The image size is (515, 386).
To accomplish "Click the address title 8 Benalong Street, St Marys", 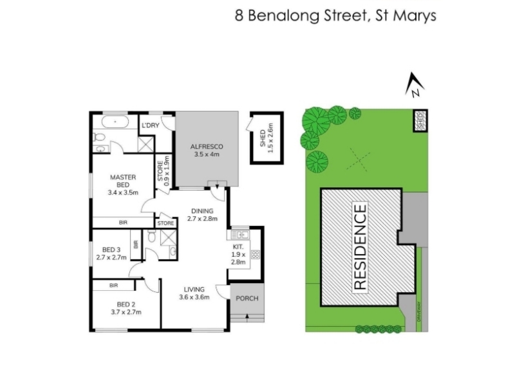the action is pos(335,15).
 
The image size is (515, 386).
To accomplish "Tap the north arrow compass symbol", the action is pos(414,85).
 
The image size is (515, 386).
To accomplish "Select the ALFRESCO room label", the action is pos(207,151).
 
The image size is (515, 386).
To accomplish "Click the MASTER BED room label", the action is pos(123,185).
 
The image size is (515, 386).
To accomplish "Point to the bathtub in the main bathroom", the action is pos(115,122).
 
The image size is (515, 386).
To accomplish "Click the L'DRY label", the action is pos(151,125).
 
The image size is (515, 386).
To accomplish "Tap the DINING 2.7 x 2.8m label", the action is pos(202,215).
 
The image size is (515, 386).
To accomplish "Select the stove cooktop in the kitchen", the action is pos(255,254).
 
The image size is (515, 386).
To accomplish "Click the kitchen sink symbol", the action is pos(240,235).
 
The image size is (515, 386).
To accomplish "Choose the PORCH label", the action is pos(247,299).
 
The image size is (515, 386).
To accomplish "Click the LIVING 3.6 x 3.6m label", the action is pos(194,293).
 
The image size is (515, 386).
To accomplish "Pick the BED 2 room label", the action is pos(126,308).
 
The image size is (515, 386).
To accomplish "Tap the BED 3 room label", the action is pos(111,253).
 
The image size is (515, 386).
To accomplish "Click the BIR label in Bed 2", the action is pos(114,285).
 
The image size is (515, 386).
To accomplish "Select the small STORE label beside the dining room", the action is pos(165,223).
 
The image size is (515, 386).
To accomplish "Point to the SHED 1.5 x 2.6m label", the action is pos(267,138).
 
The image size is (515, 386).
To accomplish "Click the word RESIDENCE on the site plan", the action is pos(360,247).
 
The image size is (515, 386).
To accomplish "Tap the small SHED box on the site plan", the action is pos(420,120).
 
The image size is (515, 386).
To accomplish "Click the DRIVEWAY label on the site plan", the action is pos(419,311).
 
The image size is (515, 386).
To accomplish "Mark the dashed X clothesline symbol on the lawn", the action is pos(359,160).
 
